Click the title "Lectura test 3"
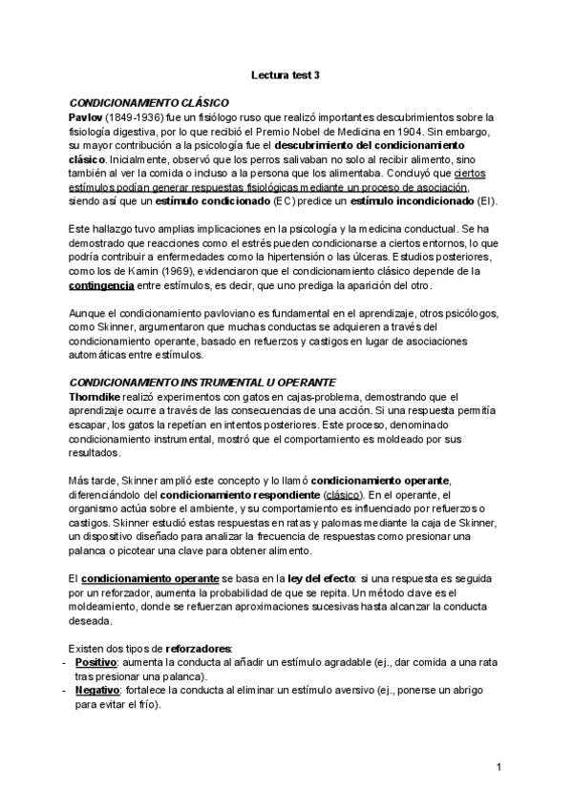click(x=286, y=73)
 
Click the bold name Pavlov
click(x=86, y=115)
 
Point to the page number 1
click(x=499, y=768)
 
